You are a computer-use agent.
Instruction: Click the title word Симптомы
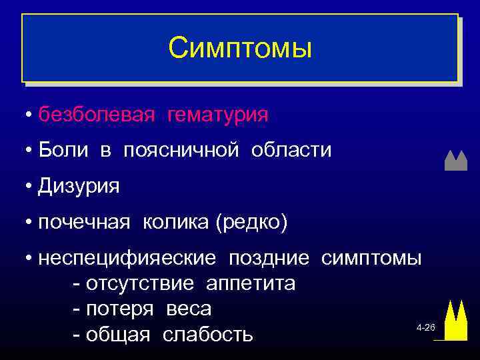[239, 47]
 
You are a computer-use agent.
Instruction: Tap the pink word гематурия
[218, 115]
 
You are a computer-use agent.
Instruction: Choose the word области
[291, 150]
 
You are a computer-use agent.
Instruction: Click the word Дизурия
[79, 186]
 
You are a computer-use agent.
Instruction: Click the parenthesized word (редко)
[251, 221]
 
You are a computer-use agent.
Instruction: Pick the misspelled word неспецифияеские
[127, 257]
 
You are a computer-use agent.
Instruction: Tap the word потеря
[119, 309]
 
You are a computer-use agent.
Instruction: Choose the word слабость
[208, 335]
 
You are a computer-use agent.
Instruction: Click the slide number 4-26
[425, 329]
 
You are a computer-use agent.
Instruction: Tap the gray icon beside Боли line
[455, 161]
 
